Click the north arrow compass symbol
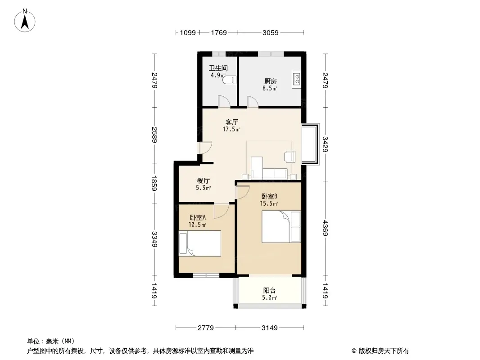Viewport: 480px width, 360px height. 25,21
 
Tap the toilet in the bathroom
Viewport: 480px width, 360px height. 230,80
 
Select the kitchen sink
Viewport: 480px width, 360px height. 297,80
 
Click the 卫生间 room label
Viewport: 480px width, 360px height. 218,68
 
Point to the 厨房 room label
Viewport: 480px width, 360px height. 270,81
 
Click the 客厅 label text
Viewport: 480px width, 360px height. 232,122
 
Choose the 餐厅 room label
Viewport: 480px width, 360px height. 203,180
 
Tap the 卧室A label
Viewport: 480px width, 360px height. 198,217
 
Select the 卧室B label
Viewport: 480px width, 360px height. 269,196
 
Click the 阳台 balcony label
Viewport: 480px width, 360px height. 269,291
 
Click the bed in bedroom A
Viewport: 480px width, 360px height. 200,243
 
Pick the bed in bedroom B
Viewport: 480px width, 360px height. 281,227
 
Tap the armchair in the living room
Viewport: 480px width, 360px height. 290,156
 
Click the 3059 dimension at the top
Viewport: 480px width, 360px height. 271,32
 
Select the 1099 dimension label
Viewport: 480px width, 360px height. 188,32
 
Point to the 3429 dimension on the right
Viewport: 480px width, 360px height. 325,144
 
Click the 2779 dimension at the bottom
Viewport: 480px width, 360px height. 206,328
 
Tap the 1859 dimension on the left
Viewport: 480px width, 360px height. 154,183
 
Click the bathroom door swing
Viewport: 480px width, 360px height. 224,102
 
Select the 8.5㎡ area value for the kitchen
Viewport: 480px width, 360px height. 270,88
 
